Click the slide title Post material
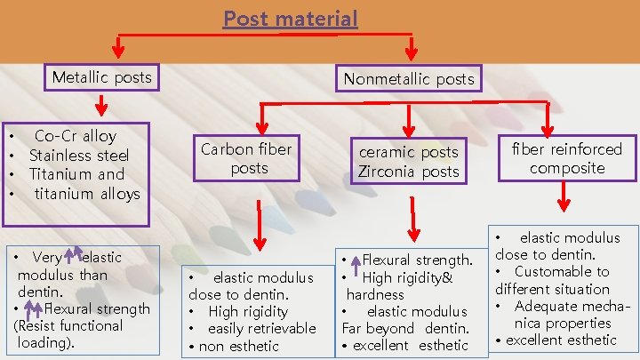click(291, 19)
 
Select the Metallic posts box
click(101, 78)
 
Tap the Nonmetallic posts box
click(409, 80)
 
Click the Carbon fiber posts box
click(246, 158)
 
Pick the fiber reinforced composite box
click(567, 158)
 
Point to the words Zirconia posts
click(409, 172)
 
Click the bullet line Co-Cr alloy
click(76, 136)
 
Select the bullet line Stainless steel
click(78, 156)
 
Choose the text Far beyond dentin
click(404, 328)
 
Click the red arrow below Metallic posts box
click(101, 106)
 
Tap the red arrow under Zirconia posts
click(412, 218)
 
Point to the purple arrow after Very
click(73, 255)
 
